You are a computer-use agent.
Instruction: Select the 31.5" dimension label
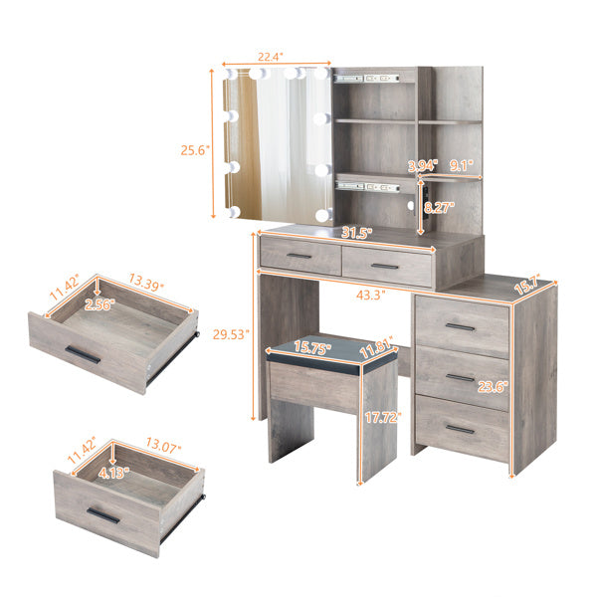(x=355, y=234)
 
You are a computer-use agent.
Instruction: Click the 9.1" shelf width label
(x=461, y=166)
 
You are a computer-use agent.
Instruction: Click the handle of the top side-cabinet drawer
(x=460, y=326)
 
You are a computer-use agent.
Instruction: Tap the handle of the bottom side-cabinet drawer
(x=460, y=429)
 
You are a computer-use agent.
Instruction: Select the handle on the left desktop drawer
(x=299, y=257)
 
